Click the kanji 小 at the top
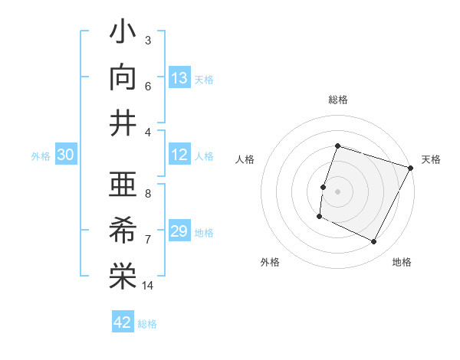click(123, 34)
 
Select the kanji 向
click(123, 78)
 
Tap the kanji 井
click(123, 123)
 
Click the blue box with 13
click(179, 77)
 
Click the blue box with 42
click(123, 322)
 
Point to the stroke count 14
click(148, 286)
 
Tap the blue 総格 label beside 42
click(147, 324)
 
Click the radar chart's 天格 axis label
click(432, 159)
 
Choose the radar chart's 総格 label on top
click(337, 100)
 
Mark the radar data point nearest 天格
click(411, 168)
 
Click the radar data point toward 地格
click(374, 242)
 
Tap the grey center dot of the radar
click(337, 191)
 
